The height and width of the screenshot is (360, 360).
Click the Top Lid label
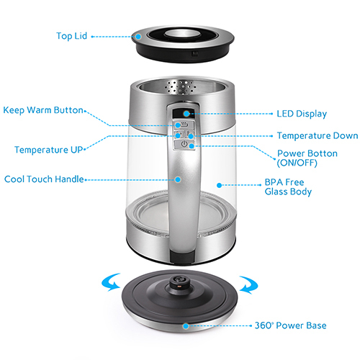(x=71, y=36)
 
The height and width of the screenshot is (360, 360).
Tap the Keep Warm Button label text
(x=43, y=110)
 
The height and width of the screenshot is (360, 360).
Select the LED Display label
(x=302, y=114)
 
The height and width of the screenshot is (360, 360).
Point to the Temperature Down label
(x=318, y=136)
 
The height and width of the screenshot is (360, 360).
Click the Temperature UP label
(x=48, y=150)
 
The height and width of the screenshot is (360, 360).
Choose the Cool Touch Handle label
(x=44, y=179)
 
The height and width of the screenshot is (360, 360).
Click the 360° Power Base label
(x=290, y=325)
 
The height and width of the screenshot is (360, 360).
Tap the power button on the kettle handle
(x=184, y=144)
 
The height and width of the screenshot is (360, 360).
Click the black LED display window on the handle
(x=184, y=113)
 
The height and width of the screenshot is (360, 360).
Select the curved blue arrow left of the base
(x=110, y=283)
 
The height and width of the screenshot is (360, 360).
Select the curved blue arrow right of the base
(x=249, y=285)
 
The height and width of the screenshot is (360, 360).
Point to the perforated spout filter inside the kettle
(x=181, y=86)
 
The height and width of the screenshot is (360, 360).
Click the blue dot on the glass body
(x=219, y=185)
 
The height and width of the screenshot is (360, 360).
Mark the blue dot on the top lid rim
(x=138, y=37)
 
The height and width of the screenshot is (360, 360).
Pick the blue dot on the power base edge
(x=186, y=326)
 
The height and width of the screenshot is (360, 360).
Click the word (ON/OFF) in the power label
(x=297, y=163)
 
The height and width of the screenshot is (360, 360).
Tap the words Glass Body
(x=288, y=192)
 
